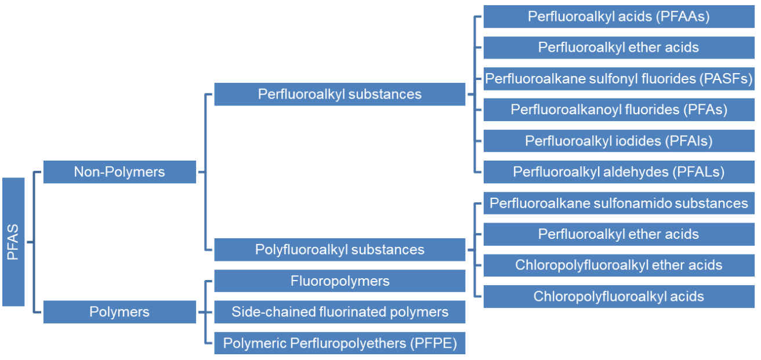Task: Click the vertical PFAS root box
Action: tap(13, 241)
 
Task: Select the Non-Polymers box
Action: tap(119, 172)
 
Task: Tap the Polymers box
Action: tap(119, 312)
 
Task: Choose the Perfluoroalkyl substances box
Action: tap(339, 94)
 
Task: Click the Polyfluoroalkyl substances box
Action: tap(339, 250)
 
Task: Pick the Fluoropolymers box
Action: tap(339, 281)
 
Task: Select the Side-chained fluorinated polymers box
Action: tap(339, 312)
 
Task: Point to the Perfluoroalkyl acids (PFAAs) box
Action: tap(618, 16)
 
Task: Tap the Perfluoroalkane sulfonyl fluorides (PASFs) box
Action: tap(618, 78)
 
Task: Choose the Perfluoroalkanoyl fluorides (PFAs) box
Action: tap(618, 110)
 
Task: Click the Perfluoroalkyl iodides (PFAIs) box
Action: tap(618, 141)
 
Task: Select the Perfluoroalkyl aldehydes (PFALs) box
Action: tap(618, 172)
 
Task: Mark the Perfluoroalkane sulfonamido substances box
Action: tap(618, 203)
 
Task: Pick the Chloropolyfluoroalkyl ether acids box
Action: tap(618, 266)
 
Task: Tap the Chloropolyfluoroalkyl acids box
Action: tap(618, 297)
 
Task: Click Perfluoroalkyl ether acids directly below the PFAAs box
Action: tap(618, 48)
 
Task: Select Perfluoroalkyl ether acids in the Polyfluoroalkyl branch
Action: tap(618, 234)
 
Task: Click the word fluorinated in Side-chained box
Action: tap(338, 312)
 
